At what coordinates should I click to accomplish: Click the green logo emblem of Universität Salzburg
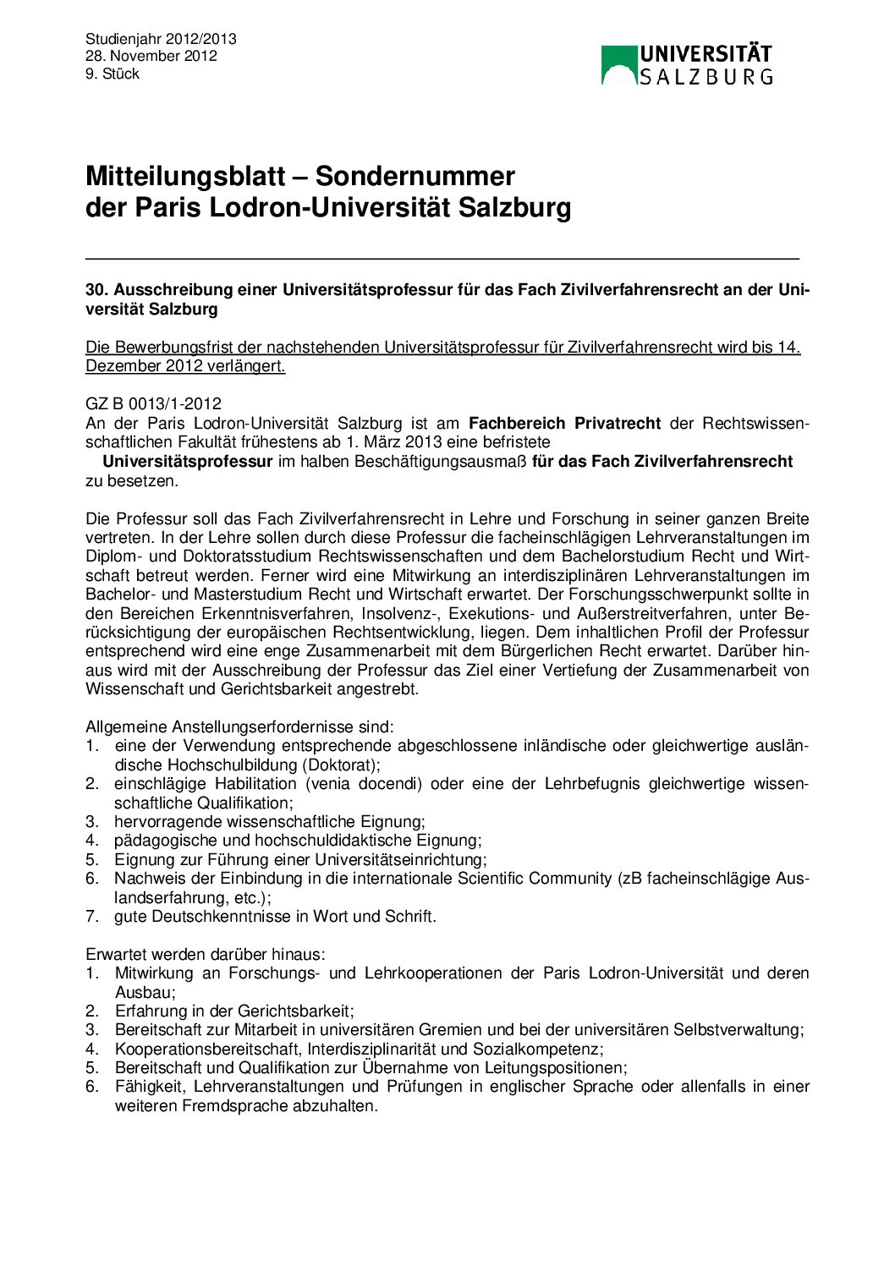pyautogui.click(x=618, y=65)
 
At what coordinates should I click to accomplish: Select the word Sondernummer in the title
pyautogui.click(x=415, y=176)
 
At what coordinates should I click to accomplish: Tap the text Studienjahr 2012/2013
pyautogui.click(x=161, y=39)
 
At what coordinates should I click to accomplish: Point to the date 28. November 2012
pyautogui.click(x=151, y=56)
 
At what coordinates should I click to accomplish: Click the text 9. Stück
pyautogui.click(x=113, y=74)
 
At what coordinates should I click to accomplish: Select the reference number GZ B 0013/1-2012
pyautogui.click(x=153, y=403)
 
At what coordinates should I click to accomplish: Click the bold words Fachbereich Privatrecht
pyautogui.click(x=564, y=423)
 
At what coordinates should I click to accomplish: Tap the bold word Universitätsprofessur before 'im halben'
pyautogui.click(x=187, y=461)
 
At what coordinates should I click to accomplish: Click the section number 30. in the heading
pyautogui.click(x=96, y=289)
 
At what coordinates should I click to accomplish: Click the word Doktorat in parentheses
pyautogui.click(x=342, y=765)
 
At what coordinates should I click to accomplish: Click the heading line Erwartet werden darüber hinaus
pyautogui.click(x=206, y=954)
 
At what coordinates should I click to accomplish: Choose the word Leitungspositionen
pyautogui.click(x=557, y=1067)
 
